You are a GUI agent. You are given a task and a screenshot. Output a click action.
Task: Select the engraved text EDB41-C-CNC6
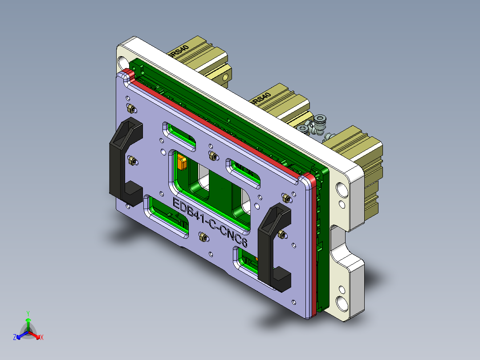click(x=209, y=223)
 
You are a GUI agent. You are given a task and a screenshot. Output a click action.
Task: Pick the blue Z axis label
click(x=15, y=338)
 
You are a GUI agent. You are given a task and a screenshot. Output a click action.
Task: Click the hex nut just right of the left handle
click(x=132, y=160)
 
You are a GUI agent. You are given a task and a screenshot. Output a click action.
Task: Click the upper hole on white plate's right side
click(x=343, y=189)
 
